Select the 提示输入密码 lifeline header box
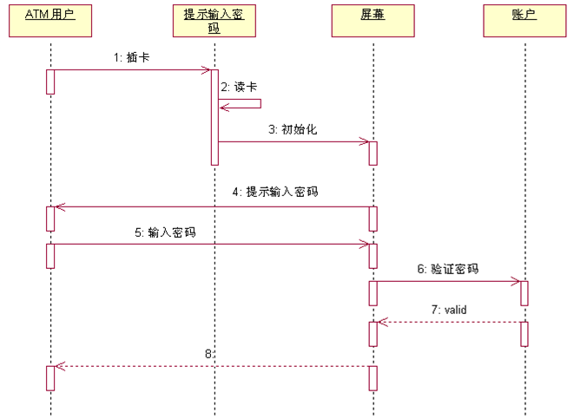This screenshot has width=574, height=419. coord(214,21)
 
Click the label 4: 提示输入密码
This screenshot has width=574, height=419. coord(275,193)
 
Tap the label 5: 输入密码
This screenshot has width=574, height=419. coord(170,232)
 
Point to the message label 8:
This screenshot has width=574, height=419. coord(208,354)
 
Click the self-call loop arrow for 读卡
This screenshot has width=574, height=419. coord(247,103)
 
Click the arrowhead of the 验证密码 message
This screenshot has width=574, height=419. coord(516,281)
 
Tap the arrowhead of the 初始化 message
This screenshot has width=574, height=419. coord(364,141)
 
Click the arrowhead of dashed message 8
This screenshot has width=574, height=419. coord(59,366)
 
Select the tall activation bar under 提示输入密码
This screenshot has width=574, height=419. coord(214,116)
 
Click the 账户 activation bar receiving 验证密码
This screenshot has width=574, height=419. coord(525,292)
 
